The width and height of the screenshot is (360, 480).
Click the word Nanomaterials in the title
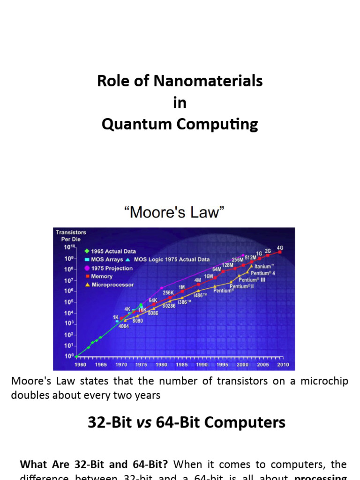coord(212,81)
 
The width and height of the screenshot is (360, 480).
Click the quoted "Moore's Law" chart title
coord(174,212)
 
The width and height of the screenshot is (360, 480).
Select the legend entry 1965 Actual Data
coord(113,251)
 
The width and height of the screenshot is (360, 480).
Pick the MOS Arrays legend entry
coord(106,259)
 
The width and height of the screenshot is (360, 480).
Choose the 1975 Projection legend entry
coord(112,268)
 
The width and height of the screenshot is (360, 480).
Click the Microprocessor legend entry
coord(112,285)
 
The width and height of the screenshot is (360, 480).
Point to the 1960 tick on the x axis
coord(81,364)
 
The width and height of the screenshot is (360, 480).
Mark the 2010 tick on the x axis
coord(283,364)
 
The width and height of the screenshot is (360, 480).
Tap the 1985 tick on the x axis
coord(182,364)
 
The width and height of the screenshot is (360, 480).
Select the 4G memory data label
coord(280,247)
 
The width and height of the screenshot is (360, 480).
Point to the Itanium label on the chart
coord(264,266)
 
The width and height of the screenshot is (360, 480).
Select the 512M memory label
coord(251,257)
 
